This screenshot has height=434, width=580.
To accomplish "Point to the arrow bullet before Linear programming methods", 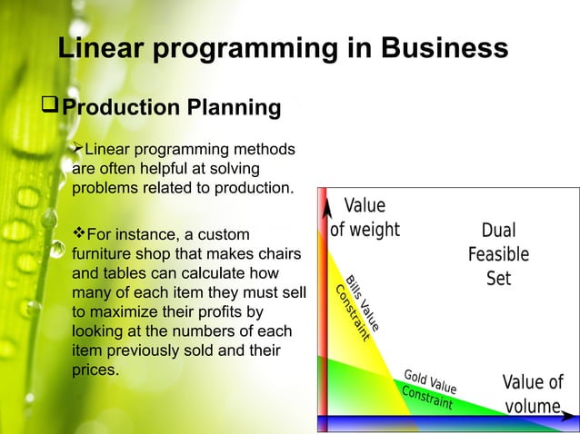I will pyautogui.click(x=77, y=148).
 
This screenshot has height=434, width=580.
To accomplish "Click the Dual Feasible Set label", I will pyautogui.click(x=498, y=254).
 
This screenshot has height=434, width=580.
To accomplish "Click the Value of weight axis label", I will pyautogui.click(x=364, y=218).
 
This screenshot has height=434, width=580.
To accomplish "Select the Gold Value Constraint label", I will pyautogui.click(x=429, y=389).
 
